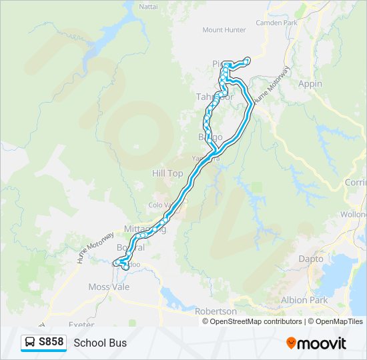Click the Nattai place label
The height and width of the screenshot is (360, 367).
pos(147,7)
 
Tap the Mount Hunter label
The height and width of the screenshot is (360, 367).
pos(224,30)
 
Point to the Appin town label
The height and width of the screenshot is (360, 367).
pos(310,84)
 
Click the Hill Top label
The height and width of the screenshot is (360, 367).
pos(167,173)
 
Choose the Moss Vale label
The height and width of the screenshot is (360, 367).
pos(109,287)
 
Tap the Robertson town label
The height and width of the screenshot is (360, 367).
pos(216,311)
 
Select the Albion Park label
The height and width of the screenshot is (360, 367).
pos(304,300)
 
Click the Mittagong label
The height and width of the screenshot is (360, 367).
pos(143,229)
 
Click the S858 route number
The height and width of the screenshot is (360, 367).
pos(51,342)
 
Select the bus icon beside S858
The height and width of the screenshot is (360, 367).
pos(30,342)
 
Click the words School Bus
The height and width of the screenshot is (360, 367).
pos(100,343)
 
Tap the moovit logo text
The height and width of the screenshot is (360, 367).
pos(323,343)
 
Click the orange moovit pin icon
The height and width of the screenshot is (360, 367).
pos(292,343)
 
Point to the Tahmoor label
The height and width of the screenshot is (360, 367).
pos(214,97)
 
